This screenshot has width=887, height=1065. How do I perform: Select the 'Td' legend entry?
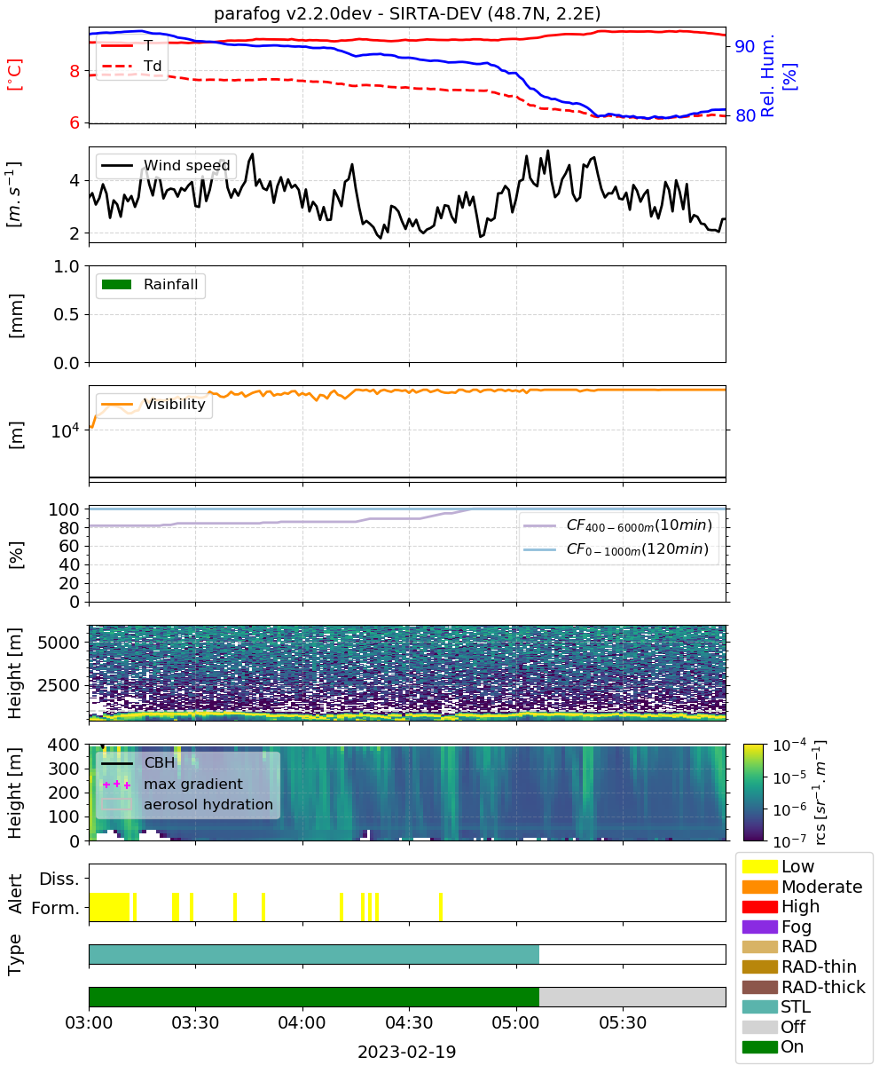[131, 66]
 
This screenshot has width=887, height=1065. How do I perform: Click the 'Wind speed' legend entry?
[166, 165]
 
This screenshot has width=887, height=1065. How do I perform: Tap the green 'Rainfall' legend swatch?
[117, 284]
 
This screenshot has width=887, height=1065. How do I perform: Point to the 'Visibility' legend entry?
[153, 404]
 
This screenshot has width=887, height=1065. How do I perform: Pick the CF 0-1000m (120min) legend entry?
[616, 549]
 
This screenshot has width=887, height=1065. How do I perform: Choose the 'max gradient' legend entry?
[173, 784]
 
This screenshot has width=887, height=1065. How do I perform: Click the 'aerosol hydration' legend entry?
[187, 804]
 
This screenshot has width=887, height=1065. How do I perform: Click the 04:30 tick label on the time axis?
[409, 1022]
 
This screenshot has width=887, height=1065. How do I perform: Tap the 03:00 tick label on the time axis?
[89, 1022]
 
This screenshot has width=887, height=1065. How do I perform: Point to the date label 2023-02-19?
[407, 1052]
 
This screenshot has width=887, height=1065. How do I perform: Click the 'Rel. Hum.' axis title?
[767, 75]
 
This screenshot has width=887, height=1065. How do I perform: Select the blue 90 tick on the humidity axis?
[744, 46]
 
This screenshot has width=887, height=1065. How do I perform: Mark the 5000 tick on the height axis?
[59, 643]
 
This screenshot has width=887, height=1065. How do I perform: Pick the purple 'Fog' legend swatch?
[759, 927]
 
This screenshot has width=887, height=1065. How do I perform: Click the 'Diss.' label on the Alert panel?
[59, 879]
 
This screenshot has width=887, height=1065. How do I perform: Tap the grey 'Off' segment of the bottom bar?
[632, 997]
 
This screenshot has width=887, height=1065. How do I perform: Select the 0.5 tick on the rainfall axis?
[67, 315]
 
